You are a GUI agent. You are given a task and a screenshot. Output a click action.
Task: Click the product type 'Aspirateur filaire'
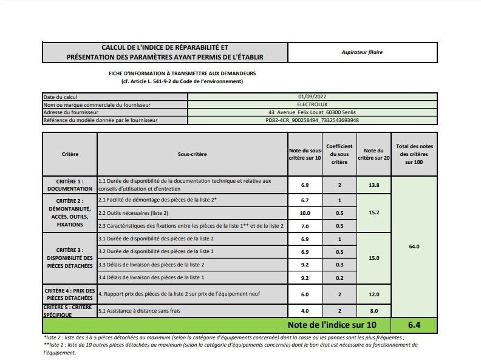coord(362,52)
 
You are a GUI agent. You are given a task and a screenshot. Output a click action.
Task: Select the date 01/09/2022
coord(312,97)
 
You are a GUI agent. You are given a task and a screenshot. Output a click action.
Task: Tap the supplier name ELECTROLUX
coord(312,104)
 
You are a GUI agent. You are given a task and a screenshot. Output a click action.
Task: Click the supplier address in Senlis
coord(312,112)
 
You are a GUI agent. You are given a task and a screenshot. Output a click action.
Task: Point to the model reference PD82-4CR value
coord(312,120)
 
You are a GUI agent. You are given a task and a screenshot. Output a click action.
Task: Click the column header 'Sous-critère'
coord(192,154)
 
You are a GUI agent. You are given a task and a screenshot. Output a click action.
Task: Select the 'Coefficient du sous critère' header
coord(339,154)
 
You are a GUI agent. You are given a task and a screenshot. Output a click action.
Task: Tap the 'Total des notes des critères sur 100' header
coord(415,154)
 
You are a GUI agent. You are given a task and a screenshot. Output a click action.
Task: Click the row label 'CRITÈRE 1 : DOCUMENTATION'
coord(70,185)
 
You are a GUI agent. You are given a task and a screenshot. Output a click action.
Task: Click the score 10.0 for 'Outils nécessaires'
coord(305,213)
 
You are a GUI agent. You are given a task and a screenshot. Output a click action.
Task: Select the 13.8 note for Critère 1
coord(374,185)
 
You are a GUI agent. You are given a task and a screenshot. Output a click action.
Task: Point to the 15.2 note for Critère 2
coord(374,213)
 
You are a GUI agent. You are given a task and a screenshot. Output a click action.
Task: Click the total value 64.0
coord(415,246)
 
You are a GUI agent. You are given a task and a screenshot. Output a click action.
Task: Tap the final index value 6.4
coord(415,325)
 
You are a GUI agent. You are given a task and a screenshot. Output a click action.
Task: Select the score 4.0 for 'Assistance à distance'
coord(305,311)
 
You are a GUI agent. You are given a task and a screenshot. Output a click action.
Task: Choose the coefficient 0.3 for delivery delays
coord(339,265)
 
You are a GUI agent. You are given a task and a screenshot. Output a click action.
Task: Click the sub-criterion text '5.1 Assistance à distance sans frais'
coord(140,311)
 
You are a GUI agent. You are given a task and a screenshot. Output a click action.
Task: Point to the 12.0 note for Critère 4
coord(374,294)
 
